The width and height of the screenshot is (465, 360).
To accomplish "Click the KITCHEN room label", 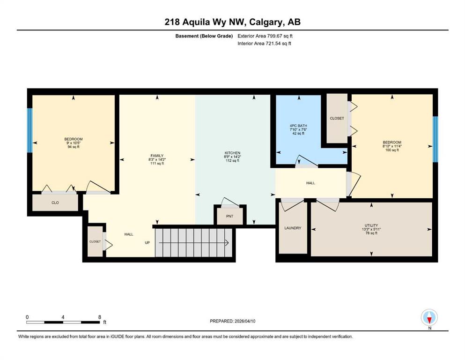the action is tap(232, 153).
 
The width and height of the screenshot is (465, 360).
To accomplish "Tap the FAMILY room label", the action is tap(157, 156).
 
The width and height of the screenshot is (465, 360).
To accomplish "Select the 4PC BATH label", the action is tap(298, 126).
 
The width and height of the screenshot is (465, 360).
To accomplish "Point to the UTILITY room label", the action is tap(371, 225).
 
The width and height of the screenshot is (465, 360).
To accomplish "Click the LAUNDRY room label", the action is tap(293, 228).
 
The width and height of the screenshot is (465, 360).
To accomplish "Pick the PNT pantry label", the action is tap(230, 216).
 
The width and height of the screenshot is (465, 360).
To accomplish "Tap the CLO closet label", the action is tap(55, 202).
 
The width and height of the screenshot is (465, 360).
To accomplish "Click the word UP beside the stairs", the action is tap(147, 242).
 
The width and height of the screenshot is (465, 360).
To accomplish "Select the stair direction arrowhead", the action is tap(227, 243).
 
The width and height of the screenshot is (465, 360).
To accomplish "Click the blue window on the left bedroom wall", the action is tap(30, 130).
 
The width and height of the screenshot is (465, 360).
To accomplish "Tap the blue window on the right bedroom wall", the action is tap(435, 139).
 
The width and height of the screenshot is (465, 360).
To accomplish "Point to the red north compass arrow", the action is tap(429, 320).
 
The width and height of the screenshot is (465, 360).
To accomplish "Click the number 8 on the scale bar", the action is tap(100, 317).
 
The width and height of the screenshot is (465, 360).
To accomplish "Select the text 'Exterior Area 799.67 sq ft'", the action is tap(265, 36).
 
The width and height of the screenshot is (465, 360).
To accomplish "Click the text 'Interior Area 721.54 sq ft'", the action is tap(264, 43).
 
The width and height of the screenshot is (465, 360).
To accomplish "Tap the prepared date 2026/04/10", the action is tap(244, 321).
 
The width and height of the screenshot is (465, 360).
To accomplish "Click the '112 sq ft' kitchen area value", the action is tap(232, 161).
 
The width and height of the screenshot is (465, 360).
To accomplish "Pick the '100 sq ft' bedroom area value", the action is tap(392, 150).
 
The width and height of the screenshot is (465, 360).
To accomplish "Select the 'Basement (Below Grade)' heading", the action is tap(204, 36).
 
